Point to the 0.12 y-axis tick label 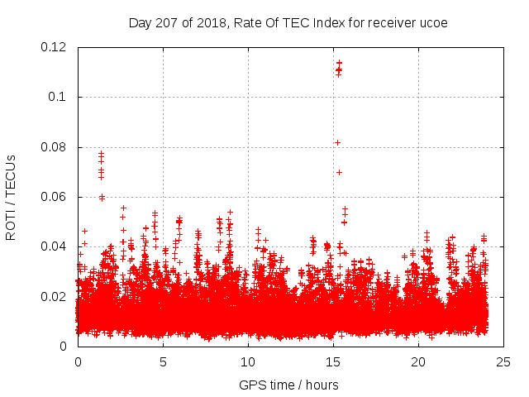pos(55,47)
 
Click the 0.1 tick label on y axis pos(59,97)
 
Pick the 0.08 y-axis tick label pos(55,147)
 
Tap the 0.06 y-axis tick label pos(55,197)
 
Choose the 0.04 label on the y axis pos(55,246)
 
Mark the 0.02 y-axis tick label pos(55,296)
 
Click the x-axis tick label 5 pos(163,362)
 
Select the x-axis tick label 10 pos(248,362)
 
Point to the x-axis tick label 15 pos(333,362)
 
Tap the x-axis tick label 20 pos(418,362)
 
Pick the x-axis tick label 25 pos(503,362)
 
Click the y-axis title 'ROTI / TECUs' pos(12,197)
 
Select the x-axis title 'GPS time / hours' pos(288,385)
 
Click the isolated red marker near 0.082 pos(337,142)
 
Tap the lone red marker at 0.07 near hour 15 pos(339,172)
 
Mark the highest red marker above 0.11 pos(338,62)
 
